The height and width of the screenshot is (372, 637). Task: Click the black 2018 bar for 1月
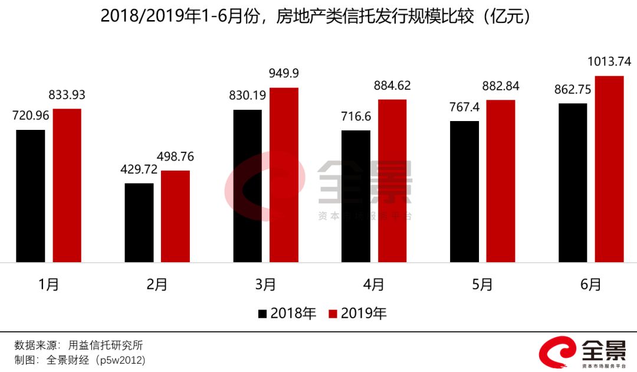coord(31,195)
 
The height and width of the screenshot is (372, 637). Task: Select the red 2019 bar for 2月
coord(175,216)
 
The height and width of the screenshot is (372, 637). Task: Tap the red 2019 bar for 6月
coord(609,169)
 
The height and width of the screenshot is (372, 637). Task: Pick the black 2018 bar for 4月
coord(356,196)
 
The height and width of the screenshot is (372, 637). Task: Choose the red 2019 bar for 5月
coord(501,181)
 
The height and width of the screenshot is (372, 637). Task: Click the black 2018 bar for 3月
coord(248,185)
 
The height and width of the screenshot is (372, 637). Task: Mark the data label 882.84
coord(500,86)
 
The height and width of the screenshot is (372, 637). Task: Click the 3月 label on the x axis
coord(266,285)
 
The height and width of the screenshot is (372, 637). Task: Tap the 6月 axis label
coord(591,285)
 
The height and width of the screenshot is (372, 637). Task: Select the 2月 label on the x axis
coord(157,285)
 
